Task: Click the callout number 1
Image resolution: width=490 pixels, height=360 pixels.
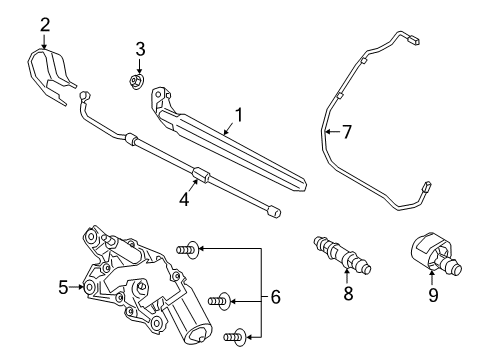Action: tap(239, 115)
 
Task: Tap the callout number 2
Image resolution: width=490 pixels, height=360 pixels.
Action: tap(45, 25)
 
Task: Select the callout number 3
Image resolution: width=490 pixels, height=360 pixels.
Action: tap(140, 49)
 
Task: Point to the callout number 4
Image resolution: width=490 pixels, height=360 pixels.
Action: tap(184, 200)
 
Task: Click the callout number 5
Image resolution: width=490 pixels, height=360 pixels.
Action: tap(63, 287)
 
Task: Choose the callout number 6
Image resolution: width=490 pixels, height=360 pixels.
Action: tap(275, 297)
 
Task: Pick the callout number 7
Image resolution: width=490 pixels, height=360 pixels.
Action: tap(347, 132)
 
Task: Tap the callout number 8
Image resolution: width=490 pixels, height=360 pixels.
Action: tap(348, 294)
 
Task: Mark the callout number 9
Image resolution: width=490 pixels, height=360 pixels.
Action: tap(433, 295)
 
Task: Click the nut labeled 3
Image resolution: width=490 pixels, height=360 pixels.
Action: tap(136, 82)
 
